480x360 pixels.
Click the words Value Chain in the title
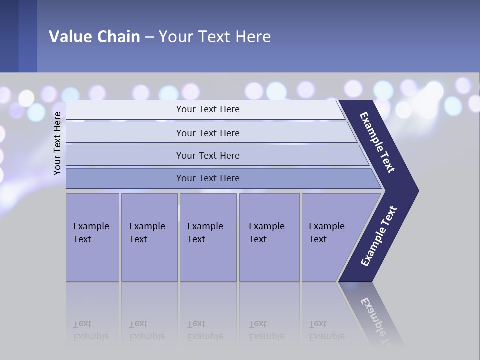coord(94,36)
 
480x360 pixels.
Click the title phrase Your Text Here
coord(215,36)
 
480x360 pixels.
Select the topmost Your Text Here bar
coord(208,109)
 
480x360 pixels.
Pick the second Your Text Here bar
coord(208,133)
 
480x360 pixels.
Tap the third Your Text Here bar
coord(208,155)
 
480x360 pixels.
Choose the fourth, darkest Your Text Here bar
coord(208,178)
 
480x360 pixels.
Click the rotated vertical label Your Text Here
coord(57,143)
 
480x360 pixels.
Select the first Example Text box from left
coord(92,237)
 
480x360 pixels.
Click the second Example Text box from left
coord(149,237)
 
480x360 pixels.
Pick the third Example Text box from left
coord(207,237)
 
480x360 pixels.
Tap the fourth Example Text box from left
coord(269,237)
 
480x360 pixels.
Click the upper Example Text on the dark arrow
coord(377,142)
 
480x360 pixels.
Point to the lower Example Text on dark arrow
coord(379,236)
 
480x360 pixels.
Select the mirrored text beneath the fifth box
coord(326,330)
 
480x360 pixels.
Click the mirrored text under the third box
coord(205,330)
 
